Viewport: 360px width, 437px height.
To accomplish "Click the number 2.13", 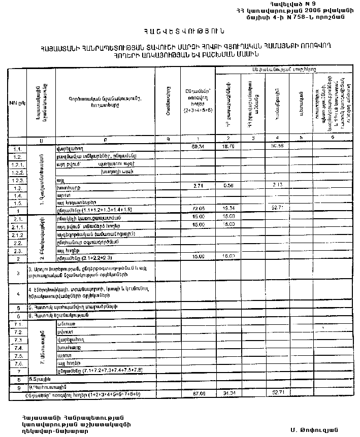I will pos(277,185).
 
